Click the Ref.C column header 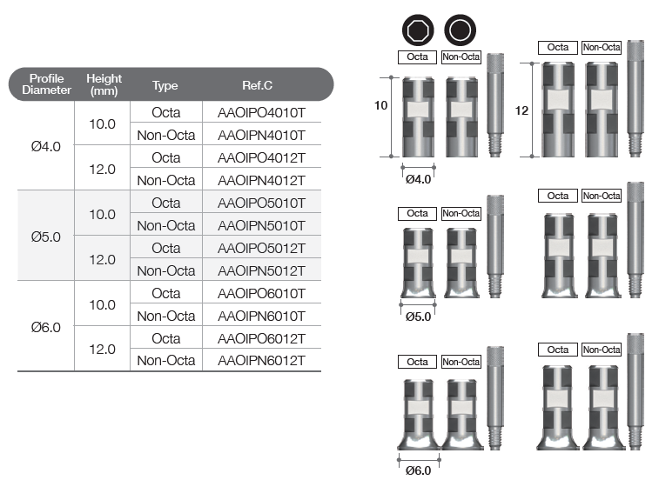pyautogui.click(x=257, y=85)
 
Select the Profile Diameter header pyautogui.click(x=47, y=84)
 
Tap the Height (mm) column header pyautogui.click(x=104, y=84)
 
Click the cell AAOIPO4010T pyautogui.click(x=261, y=112)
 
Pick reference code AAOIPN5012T pyautogui.click(x=261, y=270)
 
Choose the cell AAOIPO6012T pyautogui.click(x=261, y=338)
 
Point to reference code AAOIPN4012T pyautogui.click(x=261, y=181)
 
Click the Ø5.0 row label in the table pyautogui.click(x=46, y=237)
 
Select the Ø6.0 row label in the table pyautogui.click(x=46, y=327)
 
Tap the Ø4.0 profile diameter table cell pyautogui.click(x=46, y=147)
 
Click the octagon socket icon pyautogui.click(x=418, y=30)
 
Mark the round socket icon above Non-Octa pyautogui.click(x=461, y=30)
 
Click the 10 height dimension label pyautogui.click(x=380, y=105)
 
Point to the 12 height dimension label pyautogui.click(x=521, y=110)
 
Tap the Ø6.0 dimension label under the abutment pyautogui.click(x=418, y=470)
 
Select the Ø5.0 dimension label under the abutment pyautogui.click(x=418, y=317)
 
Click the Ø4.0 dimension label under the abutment pyautogui.click(x=418, y=179)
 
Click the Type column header pyautogui.click(x=165, y=86)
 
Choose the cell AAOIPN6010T pyautogui.click(x=261, y=316)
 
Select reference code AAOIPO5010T pyautogui.click(x=261, y=203)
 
